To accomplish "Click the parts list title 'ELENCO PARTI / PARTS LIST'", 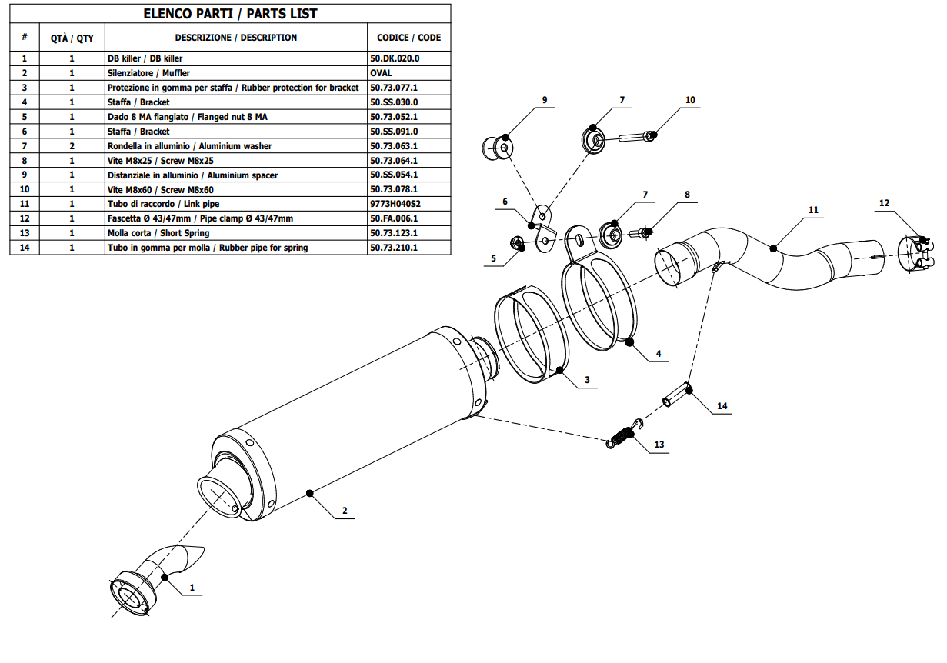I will (230, 14).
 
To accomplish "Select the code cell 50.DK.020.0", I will (395, 58).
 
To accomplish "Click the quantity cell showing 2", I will (72, 146).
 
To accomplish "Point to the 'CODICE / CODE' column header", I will (408, 38).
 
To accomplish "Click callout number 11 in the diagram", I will (814, 210).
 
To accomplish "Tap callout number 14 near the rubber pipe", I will (722, 405).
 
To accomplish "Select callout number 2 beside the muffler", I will (345, 510).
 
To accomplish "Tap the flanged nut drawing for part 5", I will (519, 244).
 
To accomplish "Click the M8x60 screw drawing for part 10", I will (635, 137).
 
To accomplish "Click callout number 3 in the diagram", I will (587, 379).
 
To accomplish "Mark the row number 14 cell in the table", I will (25, 248).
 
